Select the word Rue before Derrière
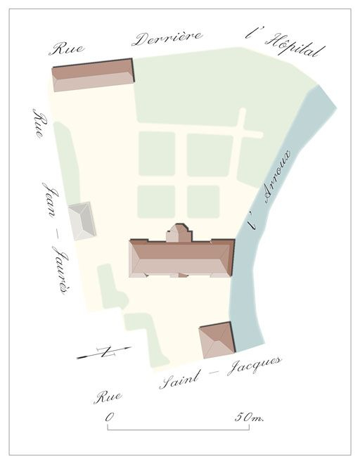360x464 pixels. [67, 48]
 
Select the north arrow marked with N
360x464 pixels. [103, 352]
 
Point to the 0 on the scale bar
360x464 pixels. [110, 417]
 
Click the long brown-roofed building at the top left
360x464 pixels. [93, 75]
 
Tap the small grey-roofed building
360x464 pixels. [82, 221]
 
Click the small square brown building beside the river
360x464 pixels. [216, 341]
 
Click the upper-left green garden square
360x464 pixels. [156, 153]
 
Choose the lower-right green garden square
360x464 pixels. [203, 201]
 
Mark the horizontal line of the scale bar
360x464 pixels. [176, 428]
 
